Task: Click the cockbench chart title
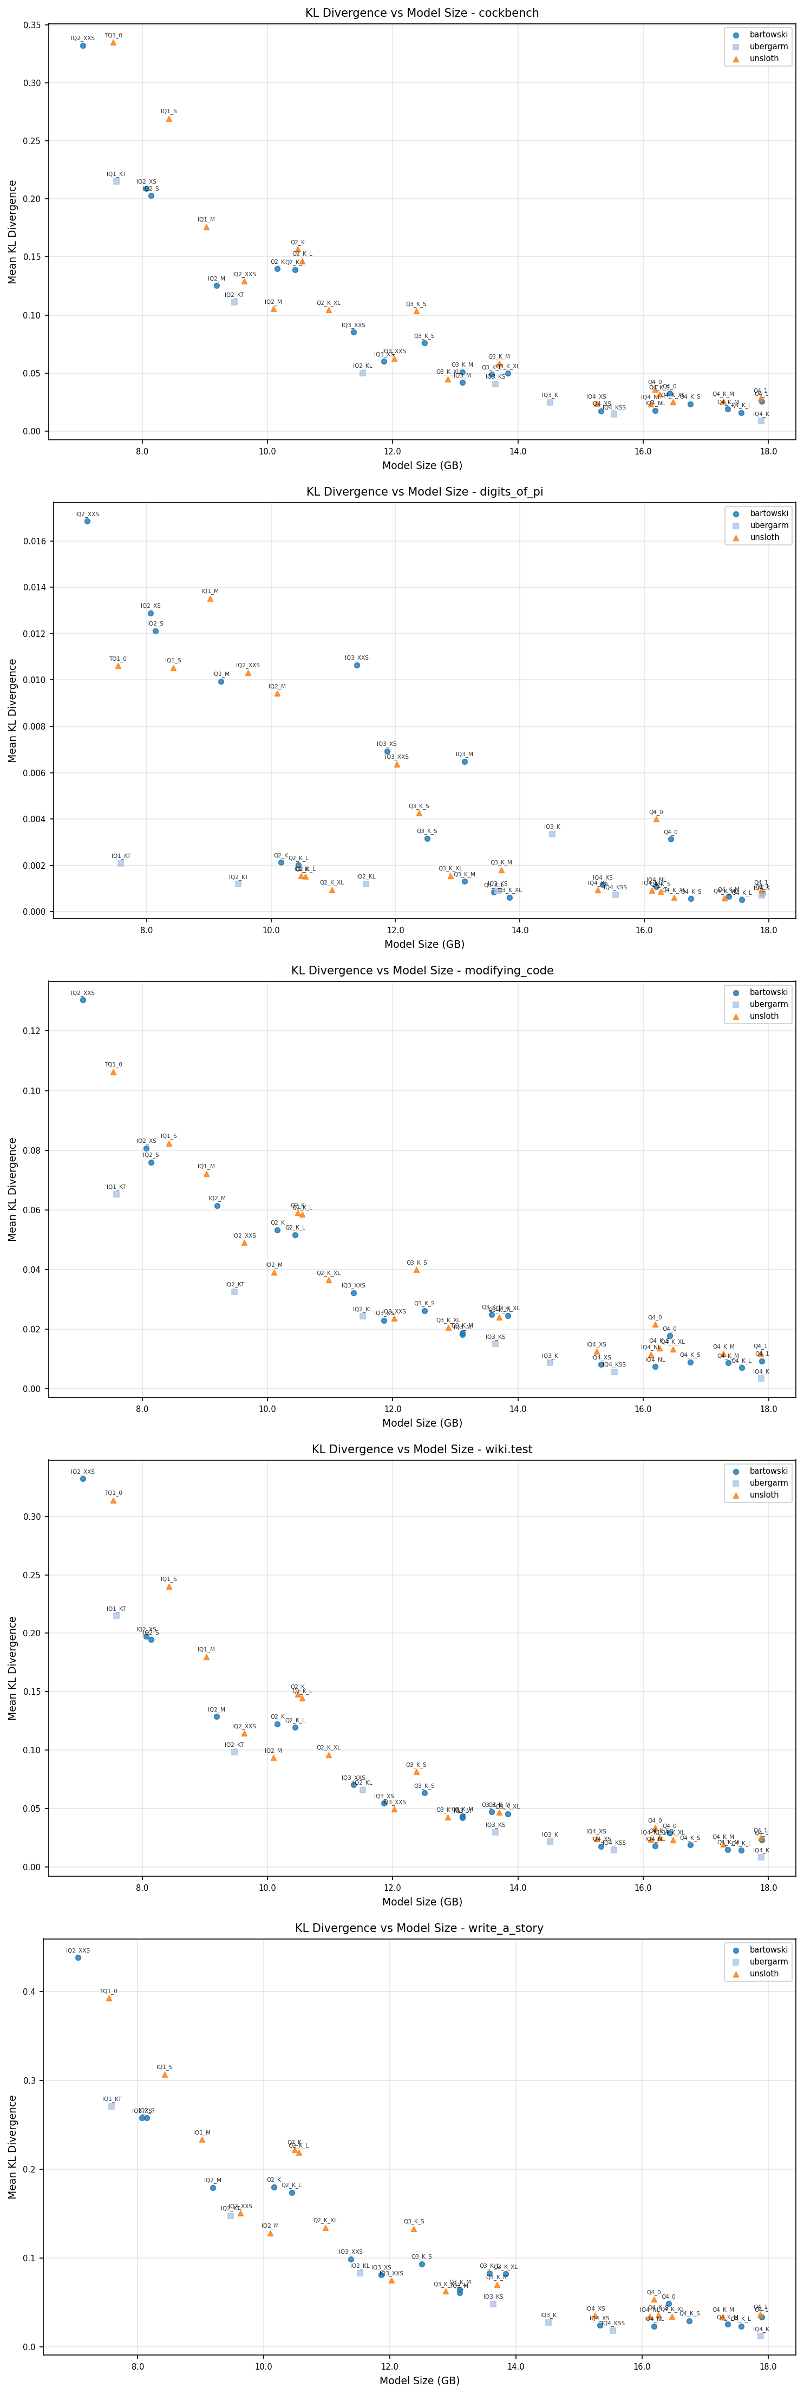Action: click(x=422, y=13)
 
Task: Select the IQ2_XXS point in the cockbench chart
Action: click(x=83, y=45)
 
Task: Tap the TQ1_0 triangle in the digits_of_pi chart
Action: click(x=118, y=666)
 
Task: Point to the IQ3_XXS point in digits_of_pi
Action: click(x=357, y=666)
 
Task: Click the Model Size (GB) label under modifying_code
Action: click(x=422, y=1423)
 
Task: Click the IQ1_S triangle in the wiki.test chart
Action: click(x=169, y=1586)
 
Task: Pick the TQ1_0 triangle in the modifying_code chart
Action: click(x=113, y=1071)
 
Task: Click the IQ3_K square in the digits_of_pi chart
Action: click(x=552, y=834)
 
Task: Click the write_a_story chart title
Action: click(x=419, y=1928)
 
